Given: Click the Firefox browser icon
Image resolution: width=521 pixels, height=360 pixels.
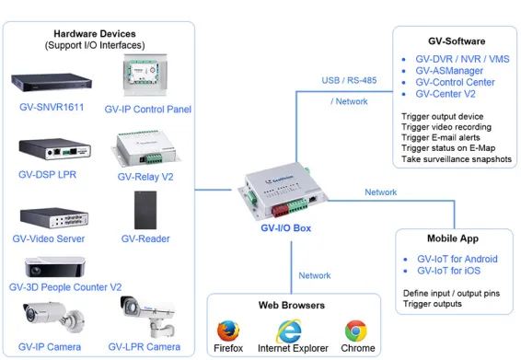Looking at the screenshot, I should pyautogui.click(x=227, y=330).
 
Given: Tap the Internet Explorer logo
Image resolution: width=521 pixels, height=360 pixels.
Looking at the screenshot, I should pyautogui.click(x=293, y=330).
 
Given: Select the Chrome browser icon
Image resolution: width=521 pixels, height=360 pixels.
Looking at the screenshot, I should pyautogui.click(x=357, y=330).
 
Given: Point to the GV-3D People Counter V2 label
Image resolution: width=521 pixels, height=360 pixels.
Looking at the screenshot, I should pyautogui.click(x=65, y=287).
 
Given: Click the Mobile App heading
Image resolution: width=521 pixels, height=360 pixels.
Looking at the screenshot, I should pyautogui.click(x=452, y=237).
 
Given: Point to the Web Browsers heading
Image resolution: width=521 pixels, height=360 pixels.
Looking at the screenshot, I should pyautogui.click(x=294, y=305).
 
